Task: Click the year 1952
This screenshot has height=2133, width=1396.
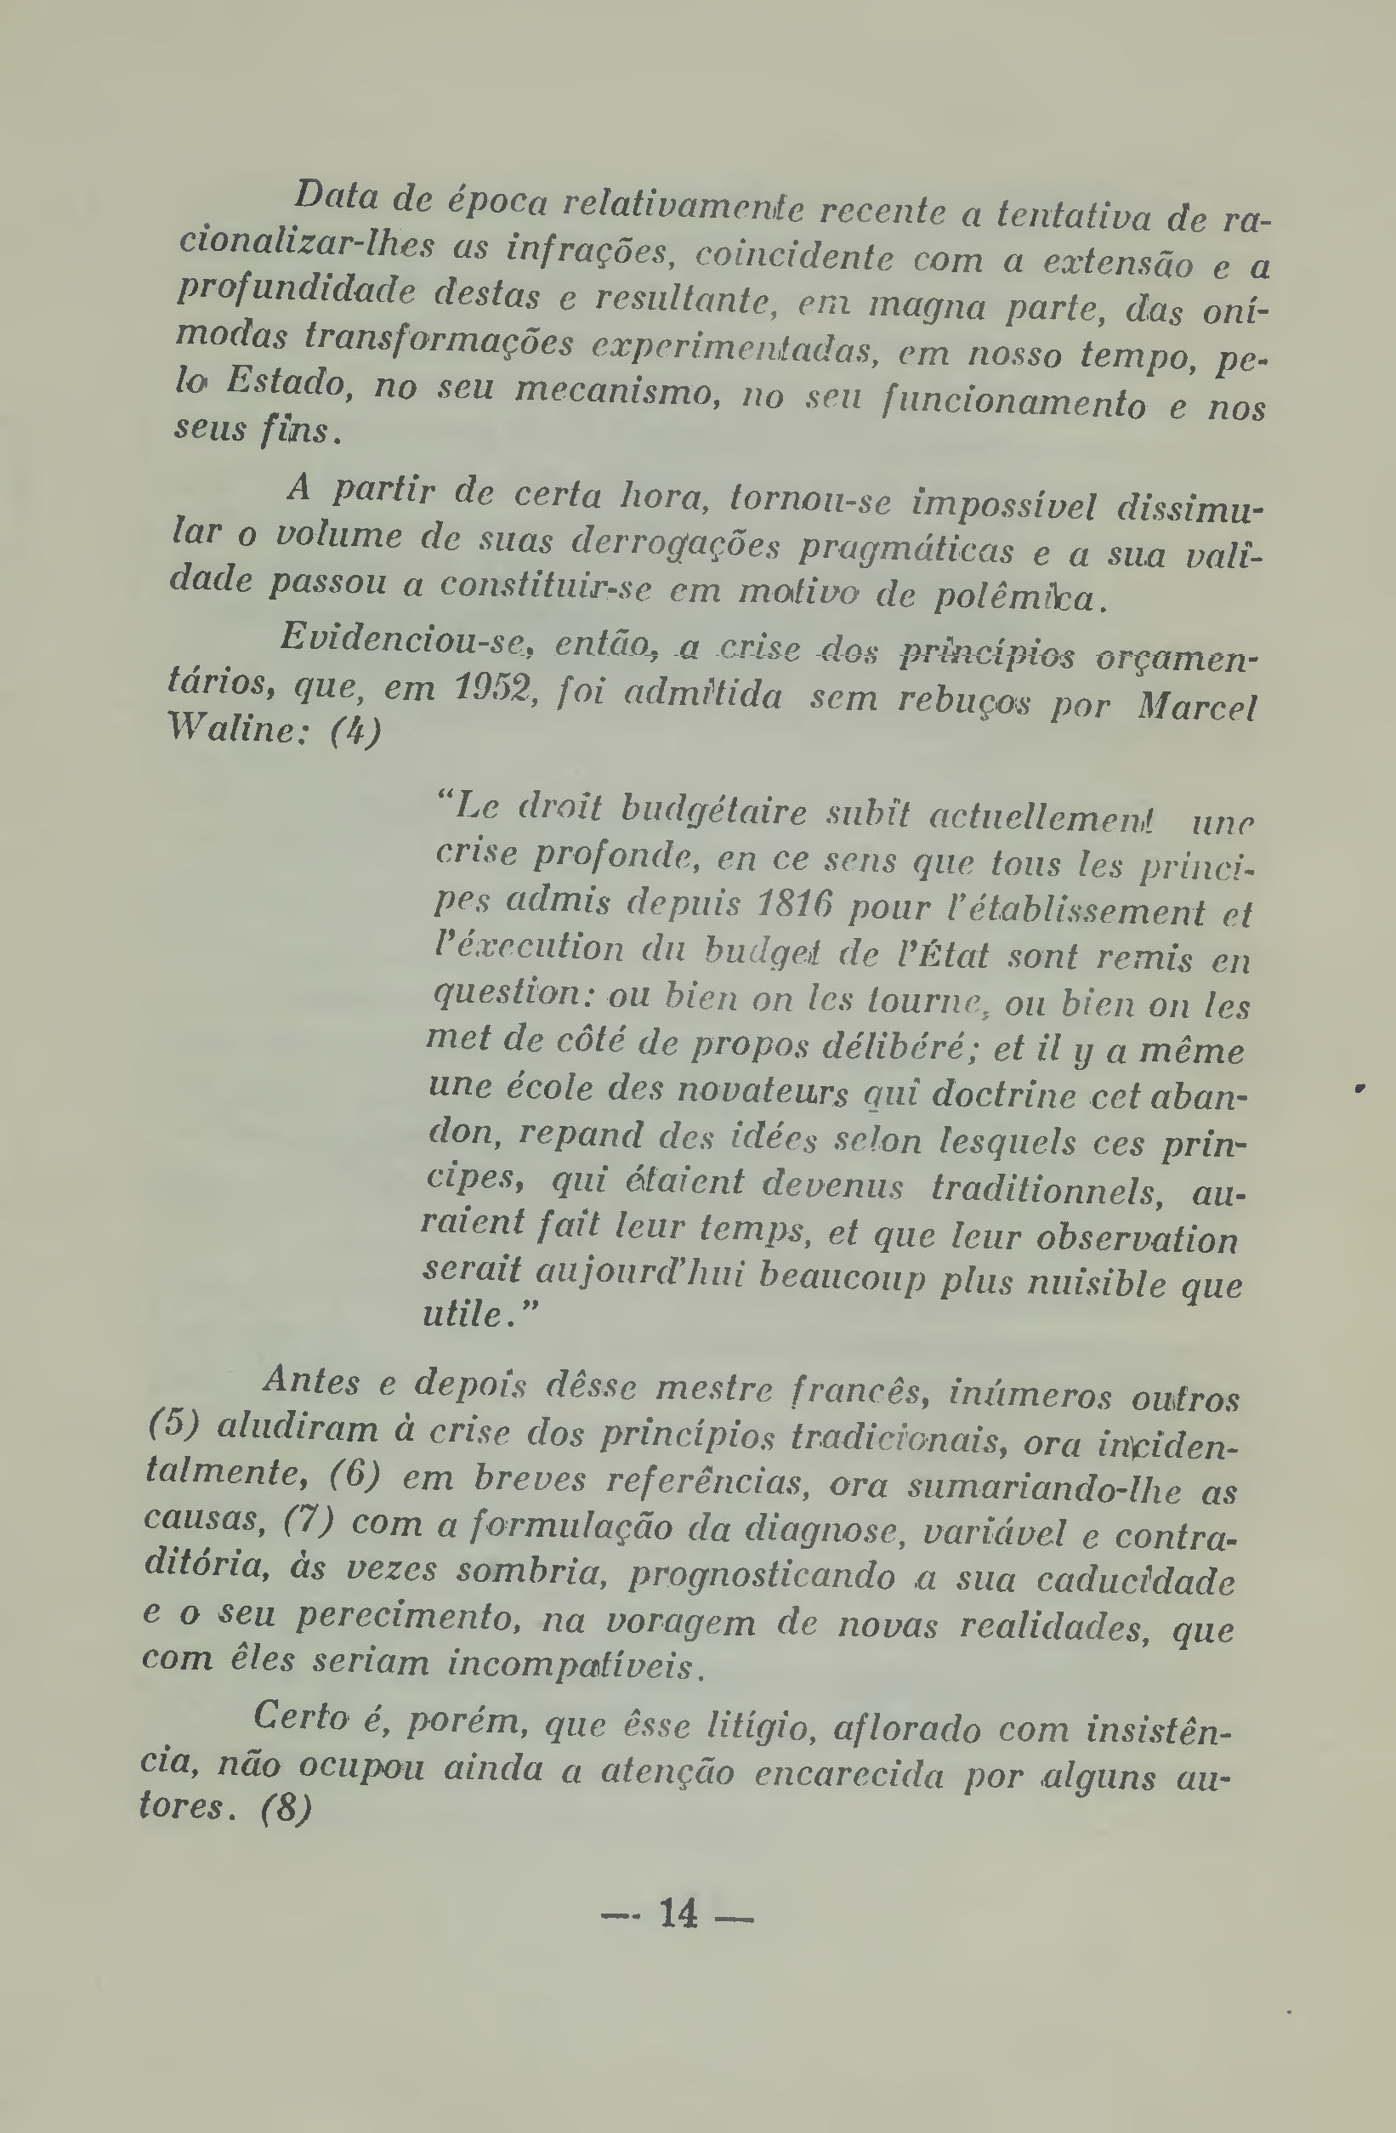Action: click(495, 688)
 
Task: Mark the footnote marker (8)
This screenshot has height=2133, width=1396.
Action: click(286, 1806)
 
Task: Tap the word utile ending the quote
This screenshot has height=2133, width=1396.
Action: click(466, 1314)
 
